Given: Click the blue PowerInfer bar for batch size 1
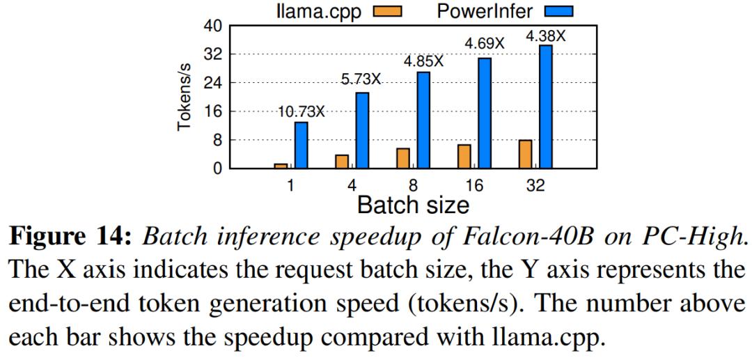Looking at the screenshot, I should coord(301,145).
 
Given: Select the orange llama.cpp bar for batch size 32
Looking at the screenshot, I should coord(524,154).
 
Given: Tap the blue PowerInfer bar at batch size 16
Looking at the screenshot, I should coord(485,113).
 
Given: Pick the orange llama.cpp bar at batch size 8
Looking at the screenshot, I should coord(402,158).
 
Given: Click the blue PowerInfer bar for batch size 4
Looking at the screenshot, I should coord(362,130).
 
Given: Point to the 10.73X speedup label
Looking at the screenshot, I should coord(301,111).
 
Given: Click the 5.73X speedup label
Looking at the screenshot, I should coord(361,79).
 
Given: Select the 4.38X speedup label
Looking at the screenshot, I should coord(545,36).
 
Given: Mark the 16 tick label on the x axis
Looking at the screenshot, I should coord(473,185).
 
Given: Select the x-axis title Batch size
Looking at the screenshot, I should coord(413,205).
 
